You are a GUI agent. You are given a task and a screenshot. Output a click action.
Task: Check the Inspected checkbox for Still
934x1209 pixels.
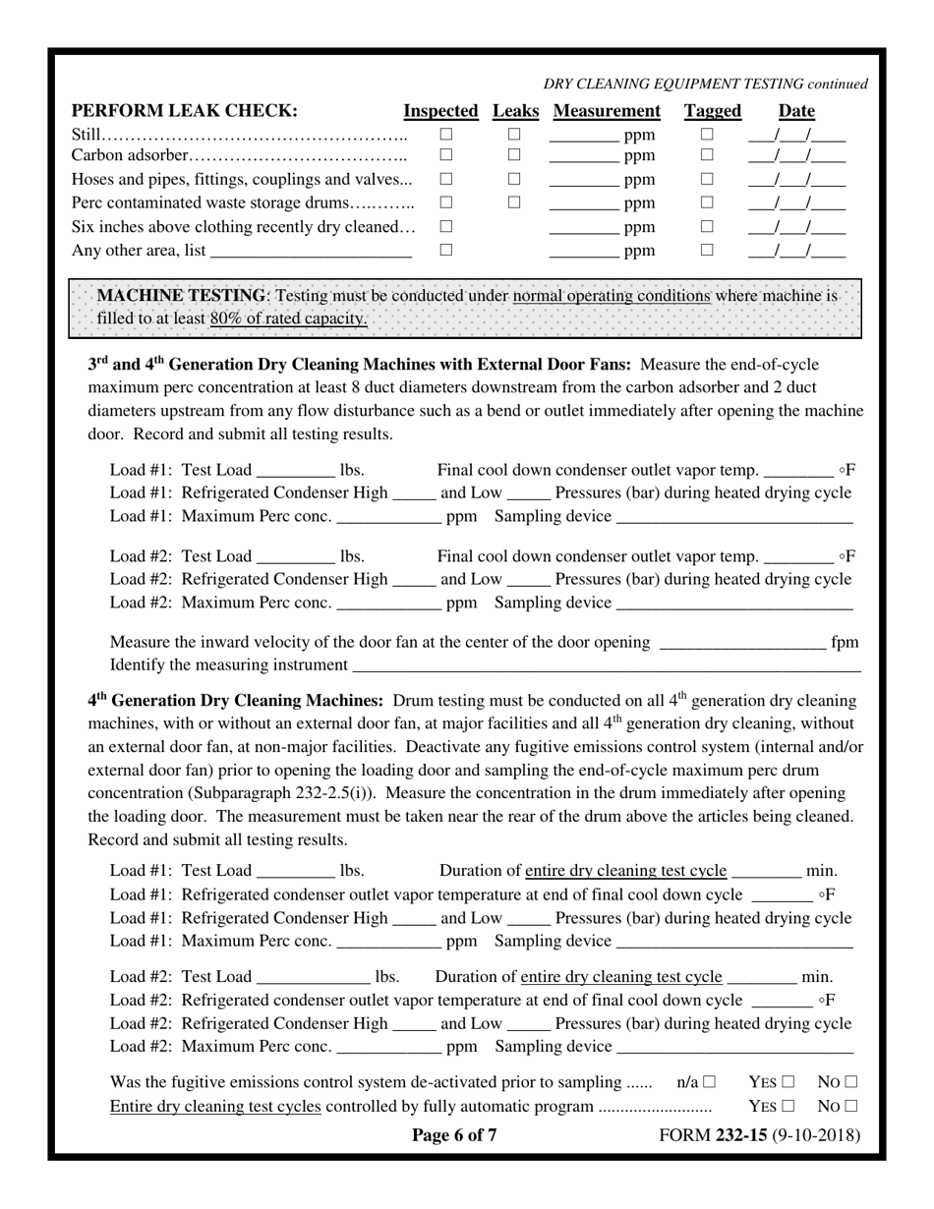445,134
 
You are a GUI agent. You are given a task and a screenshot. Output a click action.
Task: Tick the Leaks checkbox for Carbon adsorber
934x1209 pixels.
513,154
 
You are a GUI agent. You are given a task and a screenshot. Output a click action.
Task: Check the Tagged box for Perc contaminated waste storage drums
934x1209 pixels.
706,202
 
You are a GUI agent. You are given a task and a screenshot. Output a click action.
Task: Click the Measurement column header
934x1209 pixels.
607,111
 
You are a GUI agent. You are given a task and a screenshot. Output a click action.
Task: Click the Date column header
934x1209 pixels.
796,111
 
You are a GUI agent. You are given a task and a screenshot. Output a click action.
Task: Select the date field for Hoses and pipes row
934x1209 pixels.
796,179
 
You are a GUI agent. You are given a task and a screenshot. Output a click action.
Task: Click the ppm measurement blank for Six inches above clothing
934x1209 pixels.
583,227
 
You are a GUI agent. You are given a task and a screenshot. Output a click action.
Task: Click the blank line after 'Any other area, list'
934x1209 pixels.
311,251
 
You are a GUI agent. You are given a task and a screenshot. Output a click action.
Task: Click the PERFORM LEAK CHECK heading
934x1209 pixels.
185,111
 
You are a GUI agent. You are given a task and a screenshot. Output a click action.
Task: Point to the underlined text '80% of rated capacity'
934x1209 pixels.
288,318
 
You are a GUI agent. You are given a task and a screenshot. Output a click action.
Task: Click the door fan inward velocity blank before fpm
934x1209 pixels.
741,643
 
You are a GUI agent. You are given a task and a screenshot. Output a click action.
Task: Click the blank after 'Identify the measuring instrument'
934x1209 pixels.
606,665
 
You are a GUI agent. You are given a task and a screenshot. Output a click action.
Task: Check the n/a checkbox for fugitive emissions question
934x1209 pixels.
709,1082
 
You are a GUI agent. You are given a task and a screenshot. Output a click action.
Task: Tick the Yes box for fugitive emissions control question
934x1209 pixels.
788,1082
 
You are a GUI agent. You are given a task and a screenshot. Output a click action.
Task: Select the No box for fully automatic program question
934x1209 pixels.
850,1106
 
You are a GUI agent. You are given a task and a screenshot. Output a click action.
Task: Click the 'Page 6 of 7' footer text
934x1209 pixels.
454,1136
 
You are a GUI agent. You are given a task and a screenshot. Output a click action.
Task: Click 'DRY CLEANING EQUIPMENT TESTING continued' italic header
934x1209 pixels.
705,85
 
